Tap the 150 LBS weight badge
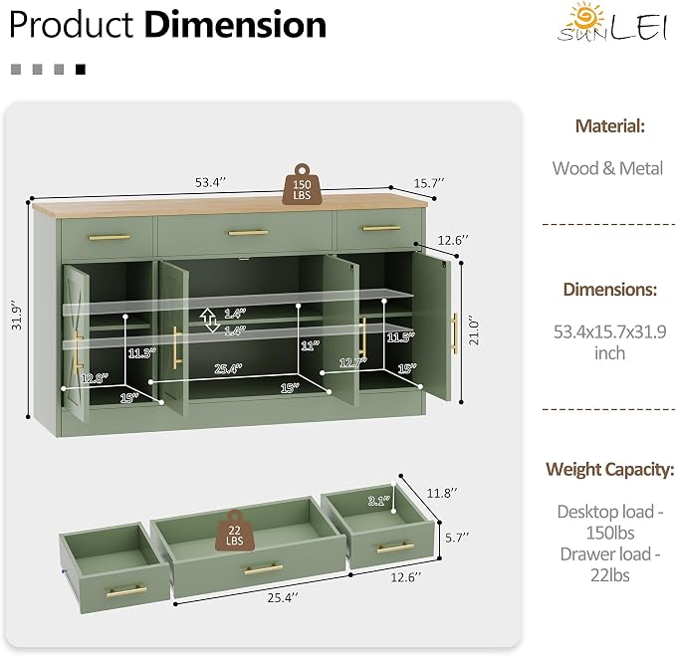point(302,184)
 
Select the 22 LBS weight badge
point(235,531)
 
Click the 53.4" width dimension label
point(210,182)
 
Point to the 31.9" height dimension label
point(17,316)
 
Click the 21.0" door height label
point(474,331)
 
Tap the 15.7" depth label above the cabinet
point(429,183)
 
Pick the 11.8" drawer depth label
point(442,493)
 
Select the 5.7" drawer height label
point(457,538)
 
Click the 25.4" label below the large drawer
point(283,598)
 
